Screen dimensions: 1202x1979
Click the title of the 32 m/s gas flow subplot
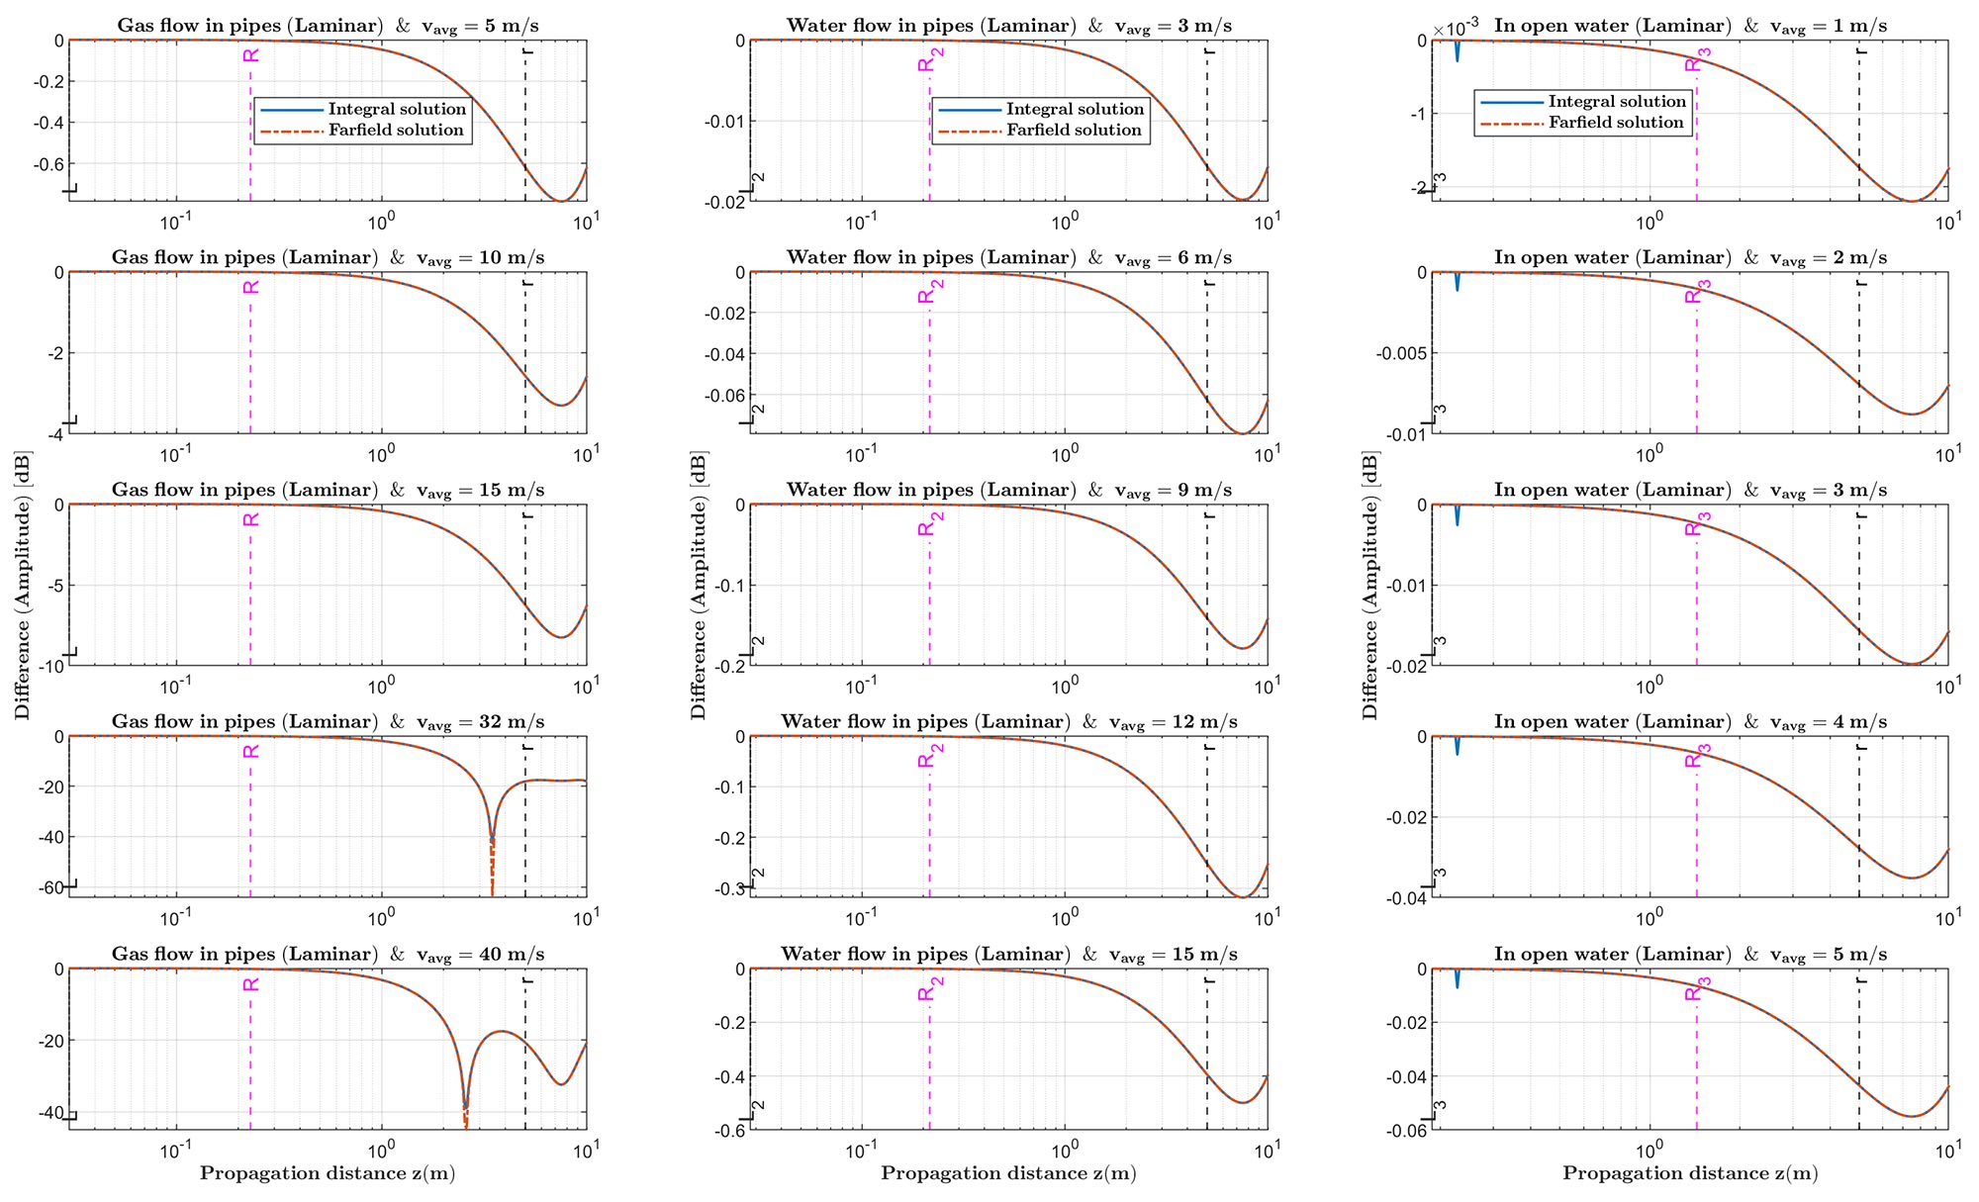[x=328, y=722]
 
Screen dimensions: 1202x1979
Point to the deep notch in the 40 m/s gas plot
[x=466, y=1103]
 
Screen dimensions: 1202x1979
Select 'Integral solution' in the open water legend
[x=1617, y=102]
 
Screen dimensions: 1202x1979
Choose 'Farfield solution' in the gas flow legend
[x=396, y=131]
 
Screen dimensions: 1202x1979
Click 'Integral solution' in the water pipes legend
[x=1075, y=109]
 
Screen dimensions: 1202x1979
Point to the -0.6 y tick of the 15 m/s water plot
[x=731, y=1131]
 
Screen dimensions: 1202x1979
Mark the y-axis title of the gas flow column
[x=23, y=585]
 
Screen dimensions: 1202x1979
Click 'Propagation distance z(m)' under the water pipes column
[x=1008, y=1173]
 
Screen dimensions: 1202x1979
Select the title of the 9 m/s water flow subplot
[x=1009, y=491]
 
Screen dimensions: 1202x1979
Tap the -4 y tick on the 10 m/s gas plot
[x=57, y=434]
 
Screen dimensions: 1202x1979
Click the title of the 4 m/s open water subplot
[x=1690, y=722]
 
